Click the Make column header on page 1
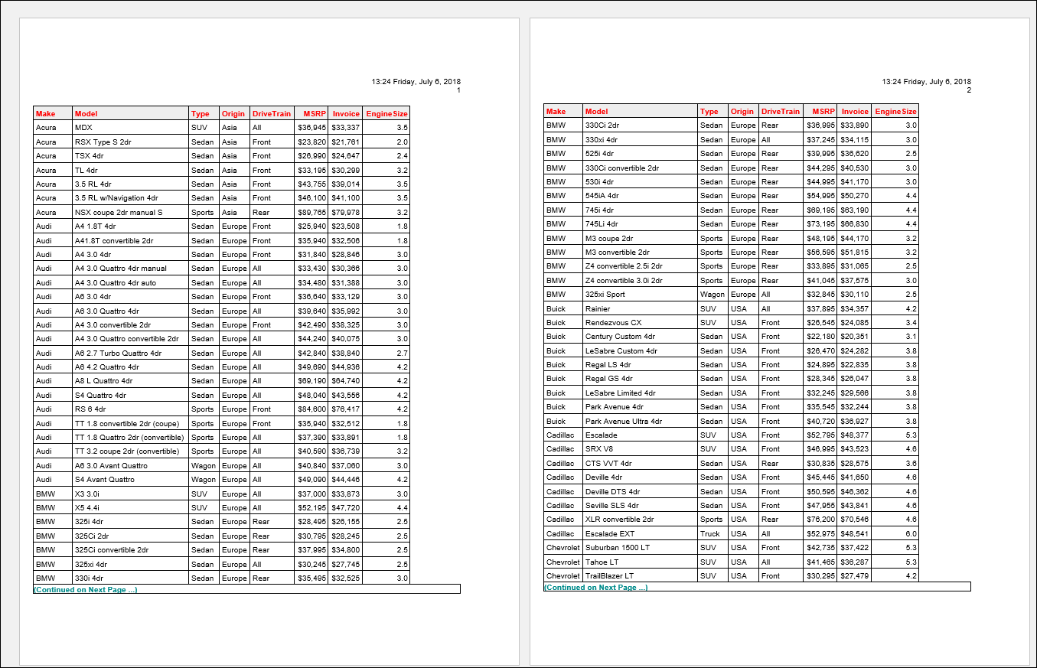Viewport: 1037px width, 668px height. tap(45, 113)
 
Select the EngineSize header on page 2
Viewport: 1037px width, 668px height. tap(895, 111)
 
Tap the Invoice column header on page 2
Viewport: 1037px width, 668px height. tap(855, 111)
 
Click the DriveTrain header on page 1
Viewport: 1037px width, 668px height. tap(272, 113)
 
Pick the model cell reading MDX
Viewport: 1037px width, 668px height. tap(83, 128)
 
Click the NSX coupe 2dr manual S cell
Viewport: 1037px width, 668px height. tap(119, 212)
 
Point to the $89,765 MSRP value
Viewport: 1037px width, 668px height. tap(311, 212)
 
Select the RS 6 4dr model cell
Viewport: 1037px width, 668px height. tap(90, 409)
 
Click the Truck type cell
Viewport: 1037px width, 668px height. tap(709, 533)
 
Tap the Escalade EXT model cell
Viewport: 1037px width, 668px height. tap(610, 533)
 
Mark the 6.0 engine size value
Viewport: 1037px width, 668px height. tap(911, 533)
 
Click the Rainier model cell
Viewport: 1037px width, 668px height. tap(598, 308)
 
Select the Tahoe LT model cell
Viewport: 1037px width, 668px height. tap(602, 562)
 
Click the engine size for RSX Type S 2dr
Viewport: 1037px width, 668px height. tap(402, 142)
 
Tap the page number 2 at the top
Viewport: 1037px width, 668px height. tap(968, 90)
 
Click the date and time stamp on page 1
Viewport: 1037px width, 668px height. tap(416, 81)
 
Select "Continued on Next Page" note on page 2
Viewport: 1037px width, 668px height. tap(595, 587)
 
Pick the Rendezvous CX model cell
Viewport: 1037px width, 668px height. tap(613, 322)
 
